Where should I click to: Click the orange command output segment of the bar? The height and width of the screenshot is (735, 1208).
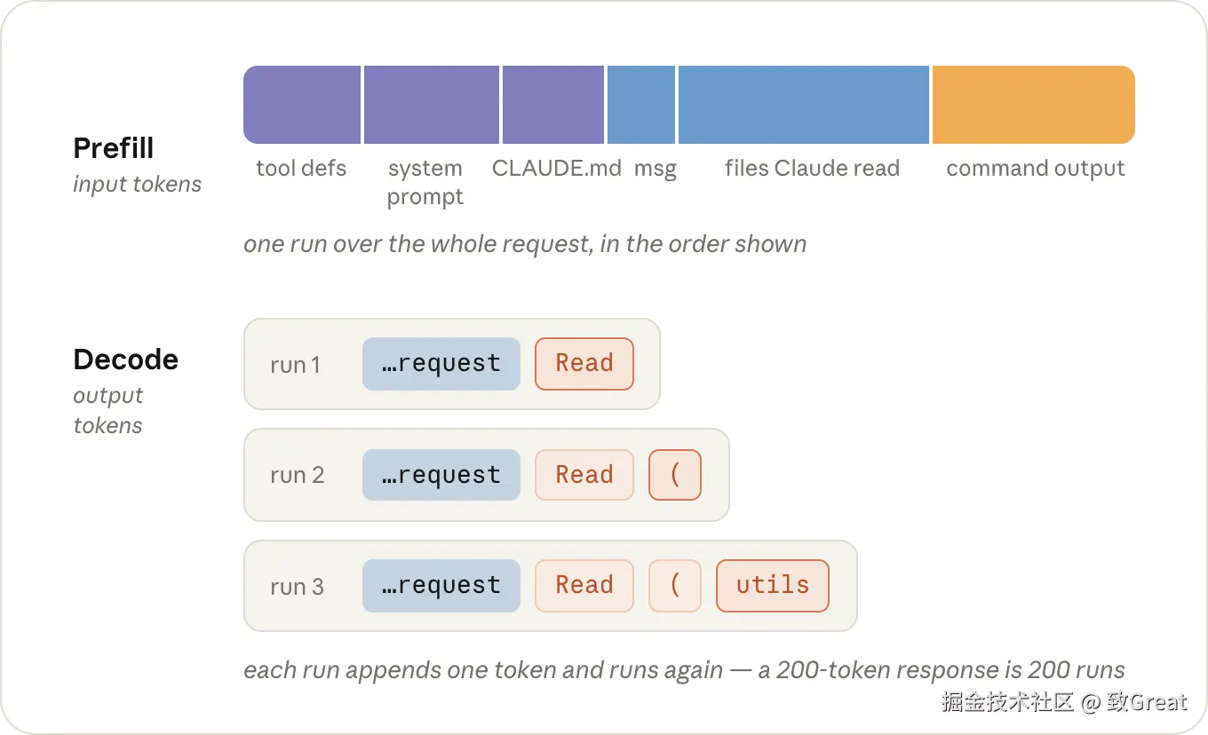pyautogui.click(x=1033, y=105)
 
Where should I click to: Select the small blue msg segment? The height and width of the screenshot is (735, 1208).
pyautogui.click(x=641, y=105)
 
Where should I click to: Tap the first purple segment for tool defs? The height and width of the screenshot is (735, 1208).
pyautogui.click(x=302, y=105)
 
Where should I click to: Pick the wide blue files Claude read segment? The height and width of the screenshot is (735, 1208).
pyautogui.click(x=804, y=105)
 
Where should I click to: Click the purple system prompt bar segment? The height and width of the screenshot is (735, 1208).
pyautogui.click(x=432, y=105)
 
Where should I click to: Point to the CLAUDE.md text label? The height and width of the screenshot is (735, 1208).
pyautogui.click(x=557, y=168)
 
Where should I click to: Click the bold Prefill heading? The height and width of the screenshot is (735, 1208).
pyautogui.click(x=114, y=148)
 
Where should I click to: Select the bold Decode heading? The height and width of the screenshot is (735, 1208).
pyautogui.click(x=125, y=360)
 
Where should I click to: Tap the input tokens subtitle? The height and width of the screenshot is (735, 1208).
pyautogui.click(x=138, y=185)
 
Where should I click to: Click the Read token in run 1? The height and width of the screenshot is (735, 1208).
pyautogui.click(x=584, y=364)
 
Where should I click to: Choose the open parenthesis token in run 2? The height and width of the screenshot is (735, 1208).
pyautogui.click(x=675, y=475)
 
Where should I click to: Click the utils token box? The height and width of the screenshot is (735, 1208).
pyautogui.click(x=773, y=586)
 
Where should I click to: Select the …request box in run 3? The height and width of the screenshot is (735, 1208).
pyautogui.click(x=441, y=586)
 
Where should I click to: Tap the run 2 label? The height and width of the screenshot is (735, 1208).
pyautogui.click(x=298, y=475)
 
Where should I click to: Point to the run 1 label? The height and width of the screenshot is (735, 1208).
pyautogui.click(x=296, y=365)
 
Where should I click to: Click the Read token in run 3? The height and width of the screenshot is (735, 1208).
pyautogui.click(x=584, y=586)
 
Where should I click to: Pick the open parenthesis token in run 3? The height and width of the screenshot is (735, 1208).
pyautogui.click(x=675, y=586)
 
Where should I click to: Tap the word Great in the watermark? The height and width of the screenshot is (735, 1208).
pyautogui.click(x=1158, y=702)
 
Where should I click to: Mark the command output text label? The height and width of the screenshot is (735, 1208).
pyautogui.click(x=1036, y=169)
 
